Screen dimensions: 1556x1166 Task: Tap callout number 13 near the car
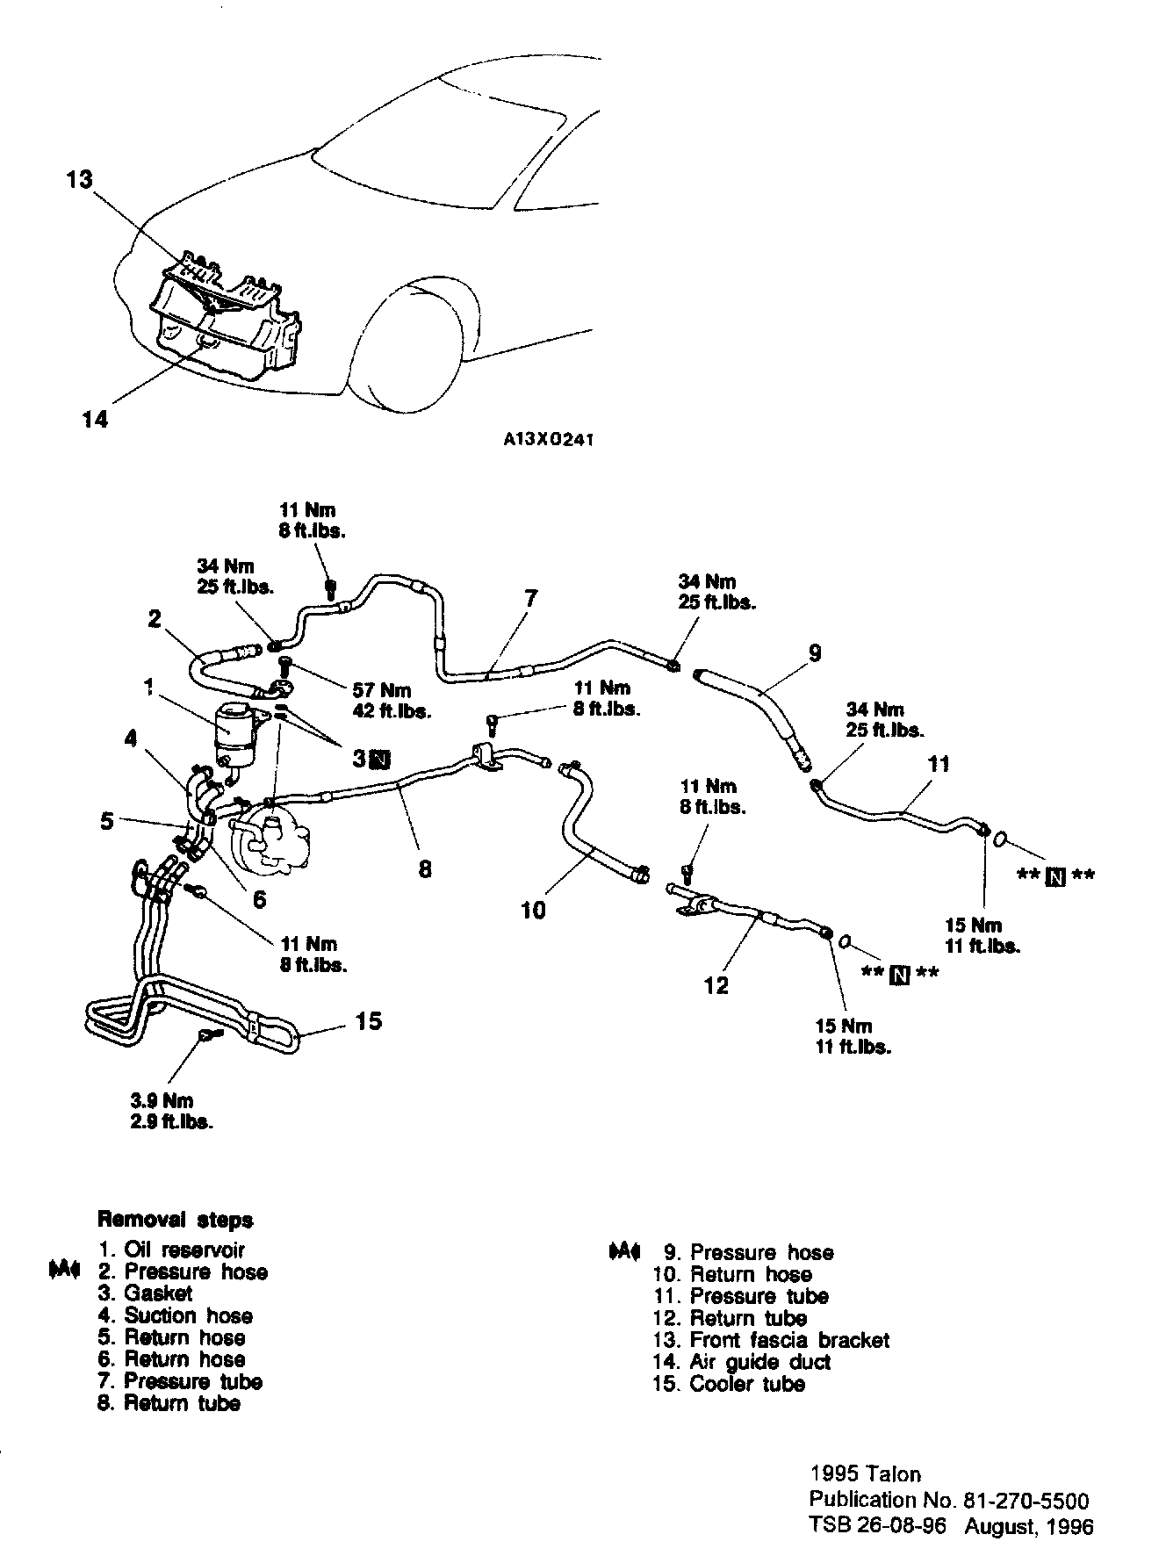point(79,180)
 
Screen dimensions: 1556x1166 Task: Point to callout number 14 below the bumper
point(95,420)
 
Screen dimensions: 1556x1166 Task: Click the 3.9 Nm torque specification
point(167,1100)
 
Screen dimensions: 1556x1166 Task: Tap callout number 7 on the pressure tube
point(530,599)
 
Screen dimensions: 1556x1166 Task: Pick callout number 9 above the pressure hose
point(814,652)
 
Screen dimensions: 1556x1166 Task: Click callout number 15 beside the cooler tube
point(369,1021)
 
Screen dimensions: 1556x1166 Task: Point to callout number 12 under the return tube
point(716,986)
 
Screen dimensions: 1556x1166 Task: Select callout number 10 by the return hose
point(533,910)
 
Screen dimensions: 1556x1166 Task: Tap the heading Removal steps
point(176,1220)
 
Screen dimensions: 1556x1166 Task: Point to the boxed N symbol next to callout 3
point(381,759)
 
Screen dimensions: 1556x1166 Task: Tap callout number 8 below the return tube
point(425,869)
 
